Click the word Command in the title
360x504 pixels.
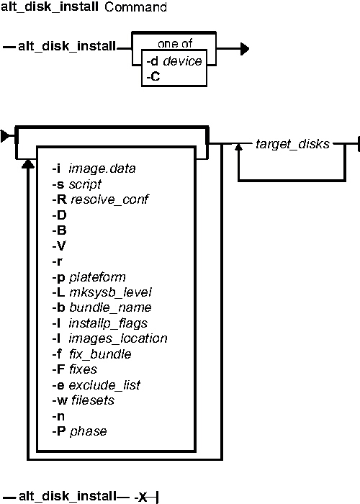[135, 7]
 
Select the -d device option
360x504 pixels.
[174, 61]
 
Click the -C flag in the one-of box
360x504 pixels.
[153, 77]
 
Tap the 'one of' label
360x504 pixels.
[175, 43]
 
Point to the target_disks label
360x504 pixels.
[292, 144]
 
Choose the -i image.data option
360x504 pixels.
[94, 168]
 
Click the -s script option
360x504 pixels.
[77, 184]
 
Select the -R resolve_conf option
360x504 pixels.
[100, 199]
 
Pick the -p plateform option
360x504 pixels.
[89, 277]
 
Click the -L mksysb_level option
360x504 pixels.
[102, 292]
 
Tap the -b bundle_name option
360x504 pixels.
[102, 307]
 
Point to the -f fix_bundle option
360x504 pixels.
[91, 354]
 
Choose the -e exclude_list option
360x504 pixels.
[96, 385]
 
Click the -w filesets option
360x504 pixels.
[84, 400]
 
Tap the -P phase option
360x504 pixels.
[79, 431]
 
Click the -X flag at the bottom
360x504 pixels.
[141, 498]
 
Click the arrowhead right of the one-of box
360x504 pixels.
[245, 49]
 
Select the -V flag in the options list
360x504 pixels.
[59, 246]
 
